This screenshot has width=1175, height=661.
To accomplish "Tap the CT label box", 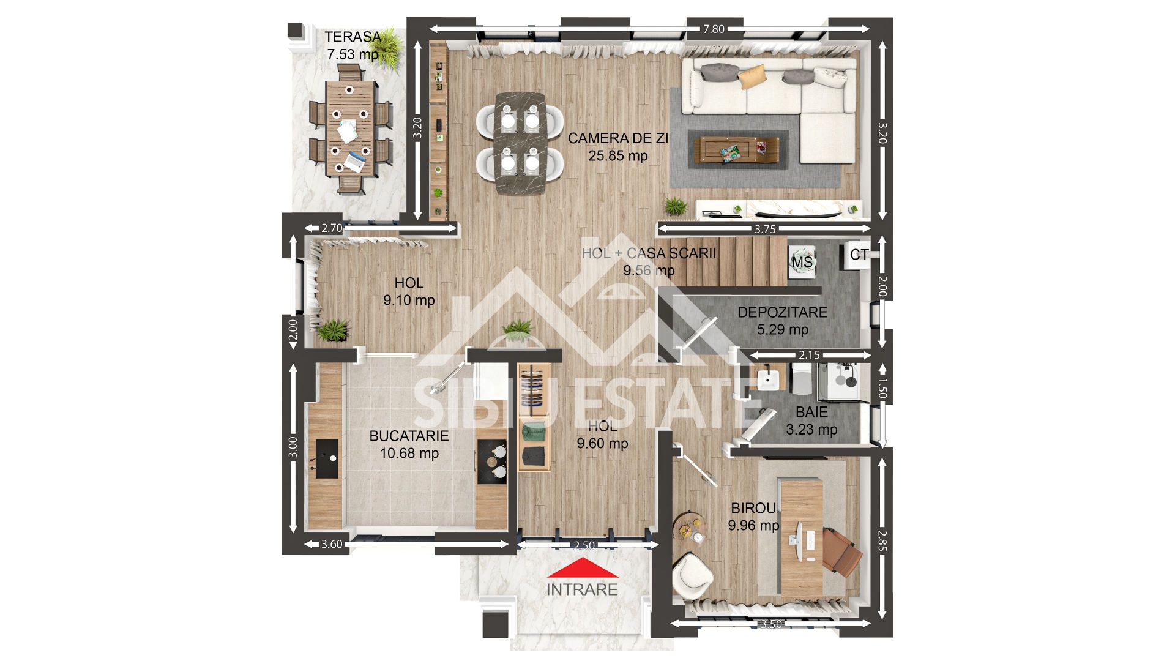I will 859,254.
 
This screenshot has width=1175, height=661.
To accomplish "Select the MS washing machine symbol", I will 802,262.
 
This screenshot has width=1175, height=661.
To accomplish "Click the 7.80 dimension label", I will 714,29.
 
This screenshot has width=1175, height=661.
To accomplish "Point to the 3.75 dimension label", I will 765,230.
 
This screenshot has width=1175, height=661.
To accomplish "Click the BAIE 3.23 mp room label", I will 811,421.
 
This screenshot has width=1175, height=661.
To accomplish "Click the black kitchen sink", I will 326,458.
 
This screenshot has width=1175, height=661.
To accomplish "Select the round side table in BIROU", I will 690,530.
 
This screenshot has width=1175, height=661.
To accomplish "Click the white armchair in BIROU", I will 692,575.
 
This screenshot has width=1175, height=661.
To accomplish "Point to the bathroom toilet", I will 800,379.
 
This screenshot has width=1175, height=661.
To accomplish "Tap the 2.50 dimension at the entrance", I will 584,545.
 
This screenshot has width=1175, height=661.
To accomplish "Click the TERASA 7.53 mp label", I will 353,45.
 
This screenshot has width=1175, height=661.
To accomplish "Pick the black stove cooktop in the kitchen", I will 491,462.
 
